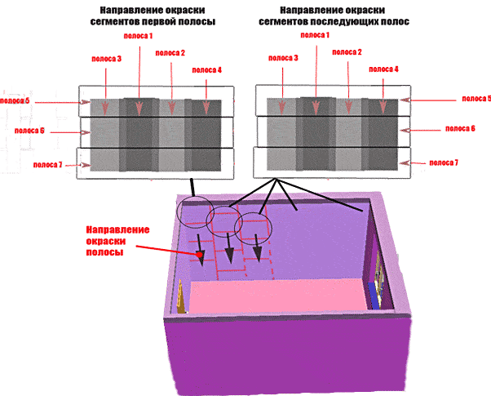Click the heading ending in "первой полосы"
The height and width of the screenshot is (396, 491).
point(153,16)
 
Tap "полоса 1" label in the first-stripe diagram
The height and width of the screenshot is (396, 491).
point(139,38)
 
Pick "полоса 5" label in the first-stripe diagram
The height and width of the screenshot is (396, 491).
point(15,100)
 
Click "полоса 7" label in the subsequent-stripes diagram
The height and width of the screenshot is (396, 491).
point(445,163)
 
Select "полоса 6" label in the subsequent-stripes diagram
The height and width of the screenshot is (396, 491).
point(460,129)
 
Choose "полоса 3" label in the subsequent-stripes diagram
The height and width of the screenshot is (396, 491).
point(283,59)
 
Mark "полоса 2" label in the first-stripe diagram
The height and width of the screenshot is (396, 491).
point(171,54)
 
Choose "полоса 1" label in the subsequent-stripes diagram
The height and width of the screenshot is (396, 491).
point(316,36)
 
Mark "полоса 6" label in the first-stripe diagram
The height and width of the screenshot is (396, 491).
point(29,131)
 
